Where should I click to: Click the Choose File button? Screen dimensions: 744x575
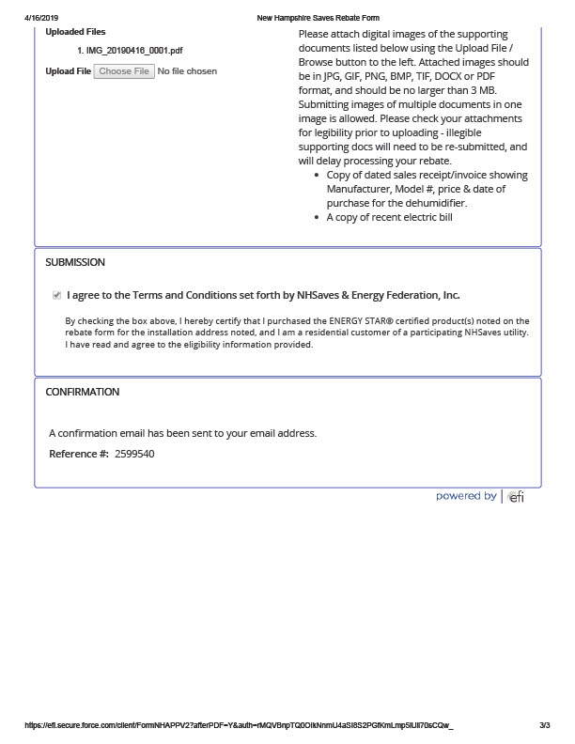(124, 71)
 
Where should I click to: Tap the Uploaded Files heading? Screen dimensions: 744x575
(75, 32)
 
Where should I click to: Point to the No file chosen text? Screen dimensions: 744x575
(187, 71)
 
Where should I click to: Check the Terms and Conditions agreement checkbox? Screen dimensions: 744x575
(56, 295)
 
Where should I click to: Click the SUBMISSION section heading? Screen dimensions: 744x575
(75, 262)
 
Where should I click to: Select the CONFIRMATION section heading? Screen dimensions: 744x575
(83, 392)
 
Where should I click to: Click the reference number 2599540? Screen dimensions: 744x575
(134, 455)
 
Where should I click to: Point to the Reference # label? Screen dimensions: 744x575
(79, 455)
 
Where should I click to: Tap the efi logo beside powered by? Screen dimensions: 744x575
(516, 497)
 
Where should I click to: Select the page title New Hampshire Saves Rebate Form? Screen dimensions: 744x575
(318, 18)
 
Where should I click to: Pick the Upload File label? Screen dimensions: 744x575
(68, 71)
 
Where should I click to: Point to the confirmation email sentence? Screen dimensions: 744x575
(182, 433)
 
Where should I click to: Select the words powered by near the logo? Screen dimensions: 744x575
(466, 496)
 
